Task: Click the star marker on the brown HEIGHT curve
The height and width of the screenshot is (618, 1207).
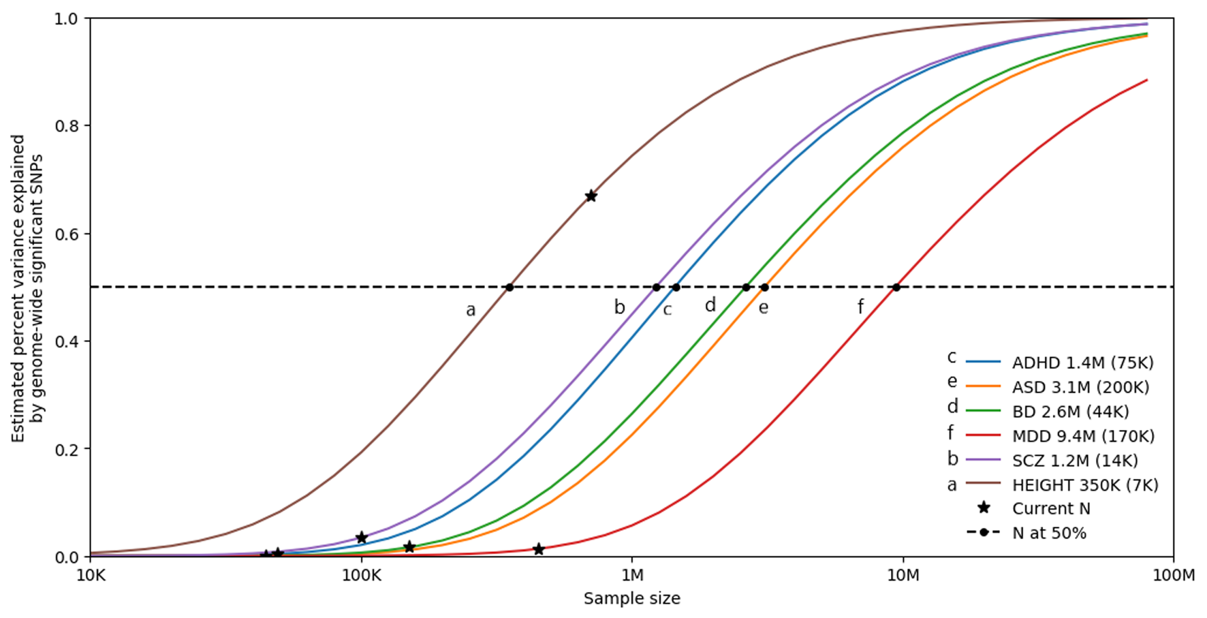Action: point(591,196)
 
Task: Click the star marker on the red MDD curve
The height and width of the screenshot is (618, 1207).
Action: point(538,549)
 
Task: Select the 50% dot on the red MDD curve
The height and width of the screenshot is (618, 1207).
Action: point(896,288)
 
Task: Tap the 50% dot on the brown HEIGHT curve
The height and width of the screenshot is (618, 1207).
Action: point(509,288)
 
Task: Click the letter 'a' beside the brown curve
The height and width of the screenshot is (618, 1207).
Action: point(470,311)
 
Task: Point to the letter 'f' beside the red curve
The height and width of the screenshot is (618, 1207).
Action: point(860,307)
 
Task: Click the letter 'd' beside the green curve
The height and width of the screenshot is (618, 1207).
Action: point(710,305)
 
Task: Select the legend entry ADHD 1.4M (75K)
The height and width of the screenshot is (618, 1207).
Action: point(1082,362)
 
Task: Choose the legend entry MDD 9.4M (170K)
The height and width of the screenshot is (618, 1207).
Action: point(1083,436)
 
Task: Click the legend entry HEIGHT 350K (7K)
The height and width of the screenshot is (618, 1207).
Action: point(1084,485)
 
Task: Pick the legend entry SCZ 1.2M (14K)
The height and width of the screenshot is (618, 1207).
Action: point(1075,461)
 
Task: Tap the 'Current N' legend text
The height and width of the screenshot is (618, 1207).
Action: point(1051,509)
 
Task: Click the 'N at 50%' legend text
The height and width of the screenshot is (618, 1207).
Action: point(1049,533)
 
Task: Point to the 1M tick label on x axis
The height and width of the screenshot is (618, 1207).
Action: point(632,576)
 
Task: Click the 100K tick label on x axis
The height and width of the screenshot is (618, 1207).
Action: point(361,576)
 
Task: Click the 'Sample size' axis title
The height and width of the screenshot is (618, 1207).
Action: point(631,599)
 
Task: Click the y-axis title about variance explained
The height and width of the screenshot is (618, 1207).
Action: point(27,288)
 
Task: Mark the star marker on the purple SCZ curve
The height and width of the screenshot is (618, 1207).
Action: point(362,538)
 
